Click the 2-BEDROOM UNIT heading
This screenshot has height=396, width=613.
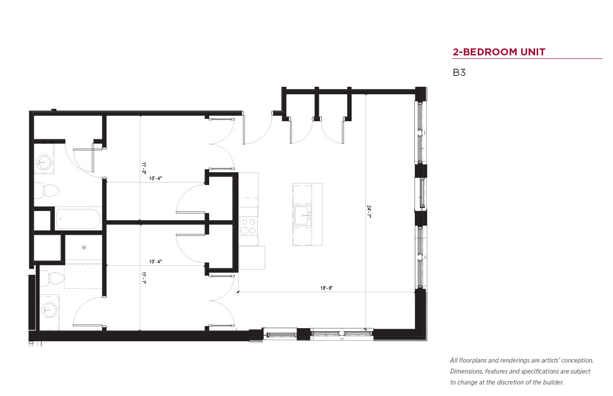coord(499,52)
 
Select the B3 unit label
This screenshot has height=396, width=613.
coord(459,72)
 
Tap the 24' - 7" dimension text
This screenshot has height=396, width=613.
coord(368,211)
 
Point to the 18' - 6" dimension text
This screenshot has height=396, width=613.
coord(326,288)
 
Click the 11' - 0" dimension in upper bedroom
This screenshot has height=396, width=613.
coord(144,168)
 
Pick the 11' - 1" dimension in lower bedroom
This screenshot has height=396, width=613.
coord(144,278)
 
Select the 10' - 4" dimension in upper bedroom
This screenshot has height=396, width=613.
coord(155,179)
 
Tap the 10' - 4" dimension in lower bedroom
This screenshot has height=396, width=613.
coord(155,262)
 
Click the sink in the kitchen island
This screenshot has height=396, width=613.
coord(303,215)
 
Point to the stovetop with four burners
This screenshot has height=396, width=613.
coord(249,226)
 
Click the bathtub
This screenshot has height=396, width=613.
coord(78,219)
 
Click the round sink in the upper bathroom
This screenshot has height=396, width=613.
coord(44,162)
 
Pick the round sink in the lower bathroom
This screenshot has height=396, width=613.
coord(49,310)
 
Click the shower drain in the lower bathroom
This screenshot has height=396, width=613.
coord(84,247)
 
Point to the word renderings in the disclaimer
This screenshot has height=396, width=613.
coord(515,361)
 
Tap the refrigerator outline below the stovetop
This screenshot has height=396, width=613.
coord(252,258)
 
